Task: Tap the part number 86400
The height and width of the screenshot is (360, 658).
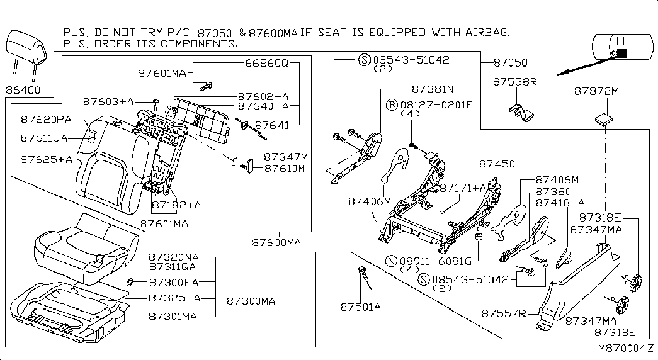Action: coord(23,90)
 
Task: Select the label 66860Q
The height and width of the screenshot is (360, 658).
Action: coord(267,63)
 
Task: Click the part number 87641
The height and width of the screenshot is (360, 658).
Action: coord(273,125)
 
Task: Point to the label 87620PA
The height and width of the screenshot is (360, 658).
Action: coord(46,119)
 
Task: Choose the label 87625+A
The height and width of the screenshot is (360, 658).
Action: coord(46,159)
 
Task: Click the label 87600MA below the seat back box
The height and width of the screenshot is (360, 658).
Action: coord(276,242)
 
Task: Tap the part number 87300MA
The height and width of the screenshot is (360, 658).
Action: coord(251,301)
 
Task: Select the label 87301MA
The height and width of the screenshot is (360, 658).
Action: coord(173,317)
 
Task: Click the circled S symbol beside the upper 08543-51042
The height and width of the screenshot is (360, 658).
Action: coord(364,60)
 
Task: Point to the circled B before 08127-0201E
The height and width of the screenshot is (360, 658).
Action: coord(392,104)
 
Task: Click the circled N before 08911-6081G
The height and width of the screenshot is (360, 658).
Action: coord(391,261)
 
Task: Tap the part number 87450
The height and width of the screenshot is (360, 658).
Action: coord(497,164)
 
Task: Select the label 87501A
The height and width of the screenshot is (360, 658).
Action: coord(360,307)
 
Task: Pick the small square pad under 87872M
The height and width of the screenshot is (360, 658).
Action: coord(603,119)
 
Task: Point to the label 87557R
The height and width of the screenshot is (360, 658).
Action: coord(504,313)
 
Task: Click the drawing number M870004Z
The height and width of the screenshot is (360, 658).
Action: coord(626,348)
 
